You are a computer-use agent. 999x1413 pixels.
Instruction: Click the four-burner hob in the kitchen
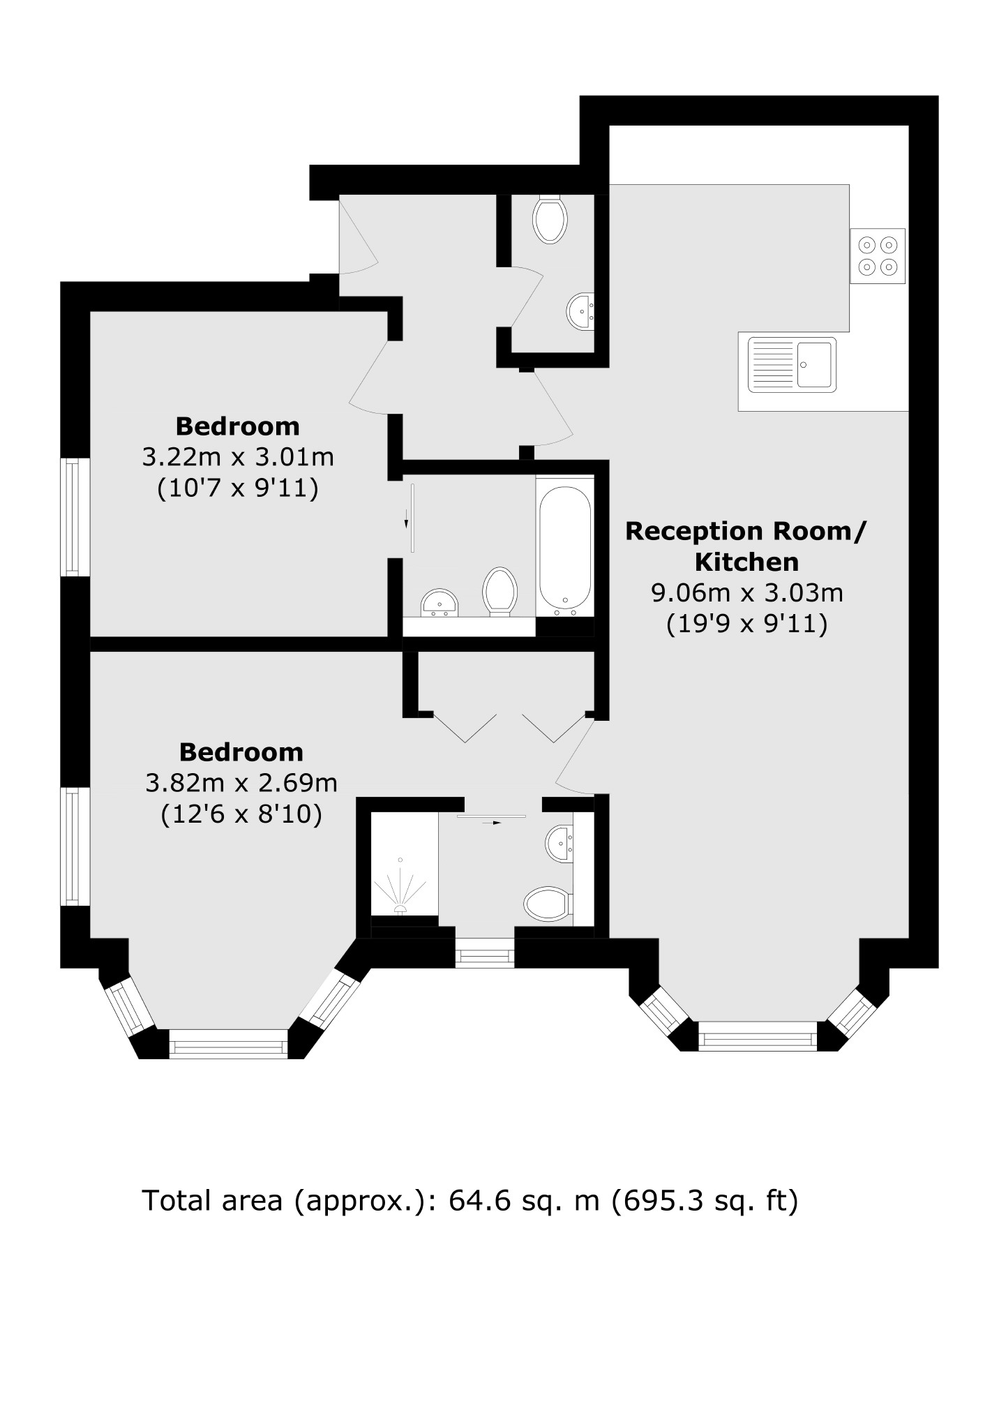click(877, 255)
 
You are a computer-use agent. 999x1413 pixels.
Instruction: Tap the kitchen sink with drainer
click(792, 364)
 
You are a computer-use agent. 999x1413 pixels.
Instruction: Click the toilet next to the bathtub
click(499, 592)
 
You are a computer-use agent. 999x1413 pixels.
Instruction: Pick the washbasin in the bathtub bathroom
click(439, 603)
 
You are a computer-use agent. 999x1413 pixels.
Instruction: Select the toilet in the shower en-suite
click(548, 904)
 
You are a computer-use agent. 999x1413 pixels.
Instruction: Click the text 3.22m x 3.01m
click(238, 457)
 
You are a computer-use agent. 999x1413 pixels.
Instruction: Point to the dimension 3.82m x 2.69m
click(241, 783)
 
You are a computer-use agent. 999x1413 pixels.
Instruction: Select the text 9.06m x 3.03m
click(746, 592)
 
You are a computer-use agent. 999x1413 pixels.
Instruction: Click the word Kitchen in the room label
click(746, 562)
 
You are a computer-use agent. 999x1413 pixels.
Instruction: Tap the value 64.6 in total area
click(472, 1200)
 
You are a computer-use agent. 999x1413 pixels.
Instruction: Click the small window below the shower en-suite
click(485, 953)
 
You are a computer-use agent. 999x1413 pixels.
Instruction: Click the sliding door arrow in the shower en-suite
click(492, 823)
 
